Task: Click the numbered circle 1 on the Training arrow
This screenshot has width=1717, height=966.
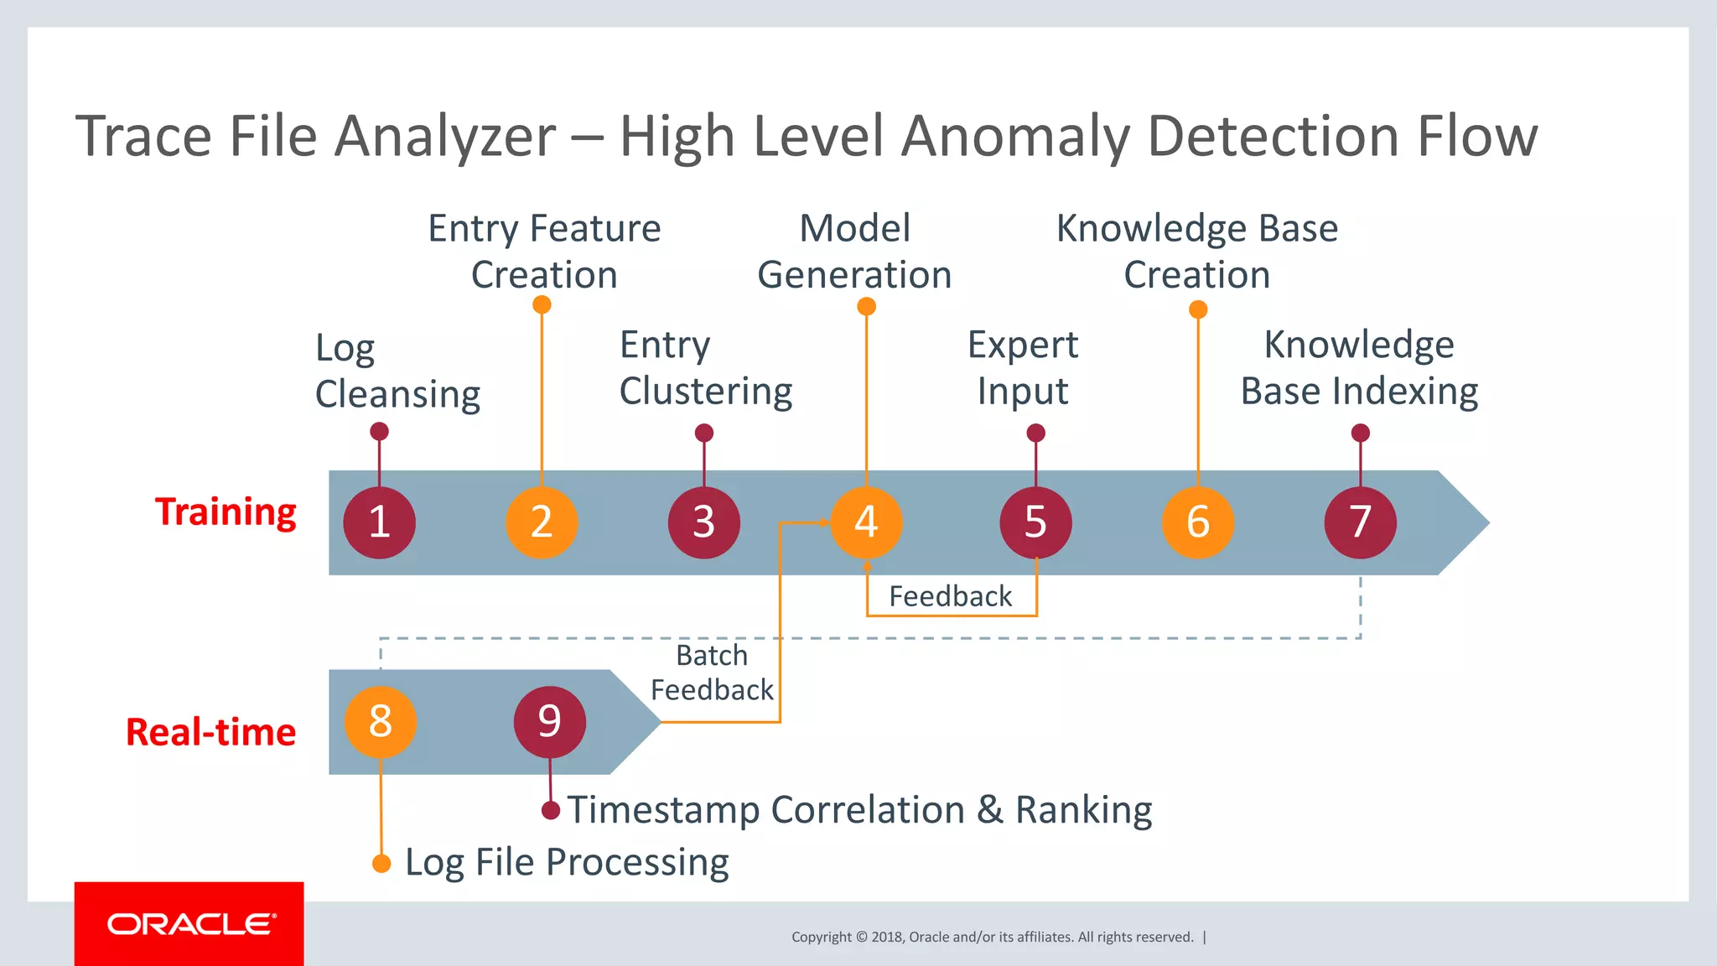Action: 380,522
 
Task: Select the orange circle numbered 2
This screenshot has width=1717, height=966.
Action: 542,522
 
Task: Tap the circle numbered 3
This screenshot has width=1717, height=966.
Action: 704,522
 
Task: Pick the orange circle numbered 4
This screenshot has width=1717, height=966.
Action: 866,522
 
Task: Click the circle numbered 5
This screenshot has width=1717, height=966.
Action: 1035,522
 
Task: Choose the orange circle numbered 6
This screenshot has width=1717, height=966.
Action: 1198,522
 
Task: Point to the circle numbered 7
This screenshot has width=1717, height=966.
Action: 1360,522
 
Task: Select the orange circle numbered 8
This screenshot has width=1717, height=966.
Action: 381,721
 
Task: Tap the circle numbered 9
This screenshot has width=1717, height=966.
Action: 549,721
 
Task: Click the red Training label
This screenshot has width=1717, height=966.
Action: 226,512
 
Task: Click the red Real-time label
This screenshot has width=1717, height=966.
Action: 210,732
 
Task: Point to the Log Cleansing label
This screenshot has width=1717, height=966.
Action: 397,371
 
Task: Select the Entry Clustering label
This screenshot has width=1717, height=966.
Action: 705,368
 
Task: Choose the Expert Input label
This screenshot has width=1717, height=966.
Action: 1023,368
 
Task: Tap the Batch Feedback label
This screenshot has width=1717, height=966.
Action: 712,673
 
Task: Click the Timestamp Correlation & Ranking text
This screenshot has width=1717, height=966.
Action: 859,810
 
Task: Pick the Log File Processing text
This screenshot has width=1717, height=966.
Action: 567,862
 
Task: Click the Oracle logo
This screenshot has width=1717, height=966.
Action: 189,924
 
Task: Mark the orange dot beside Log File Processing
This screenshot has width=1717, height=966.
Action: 381,864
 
